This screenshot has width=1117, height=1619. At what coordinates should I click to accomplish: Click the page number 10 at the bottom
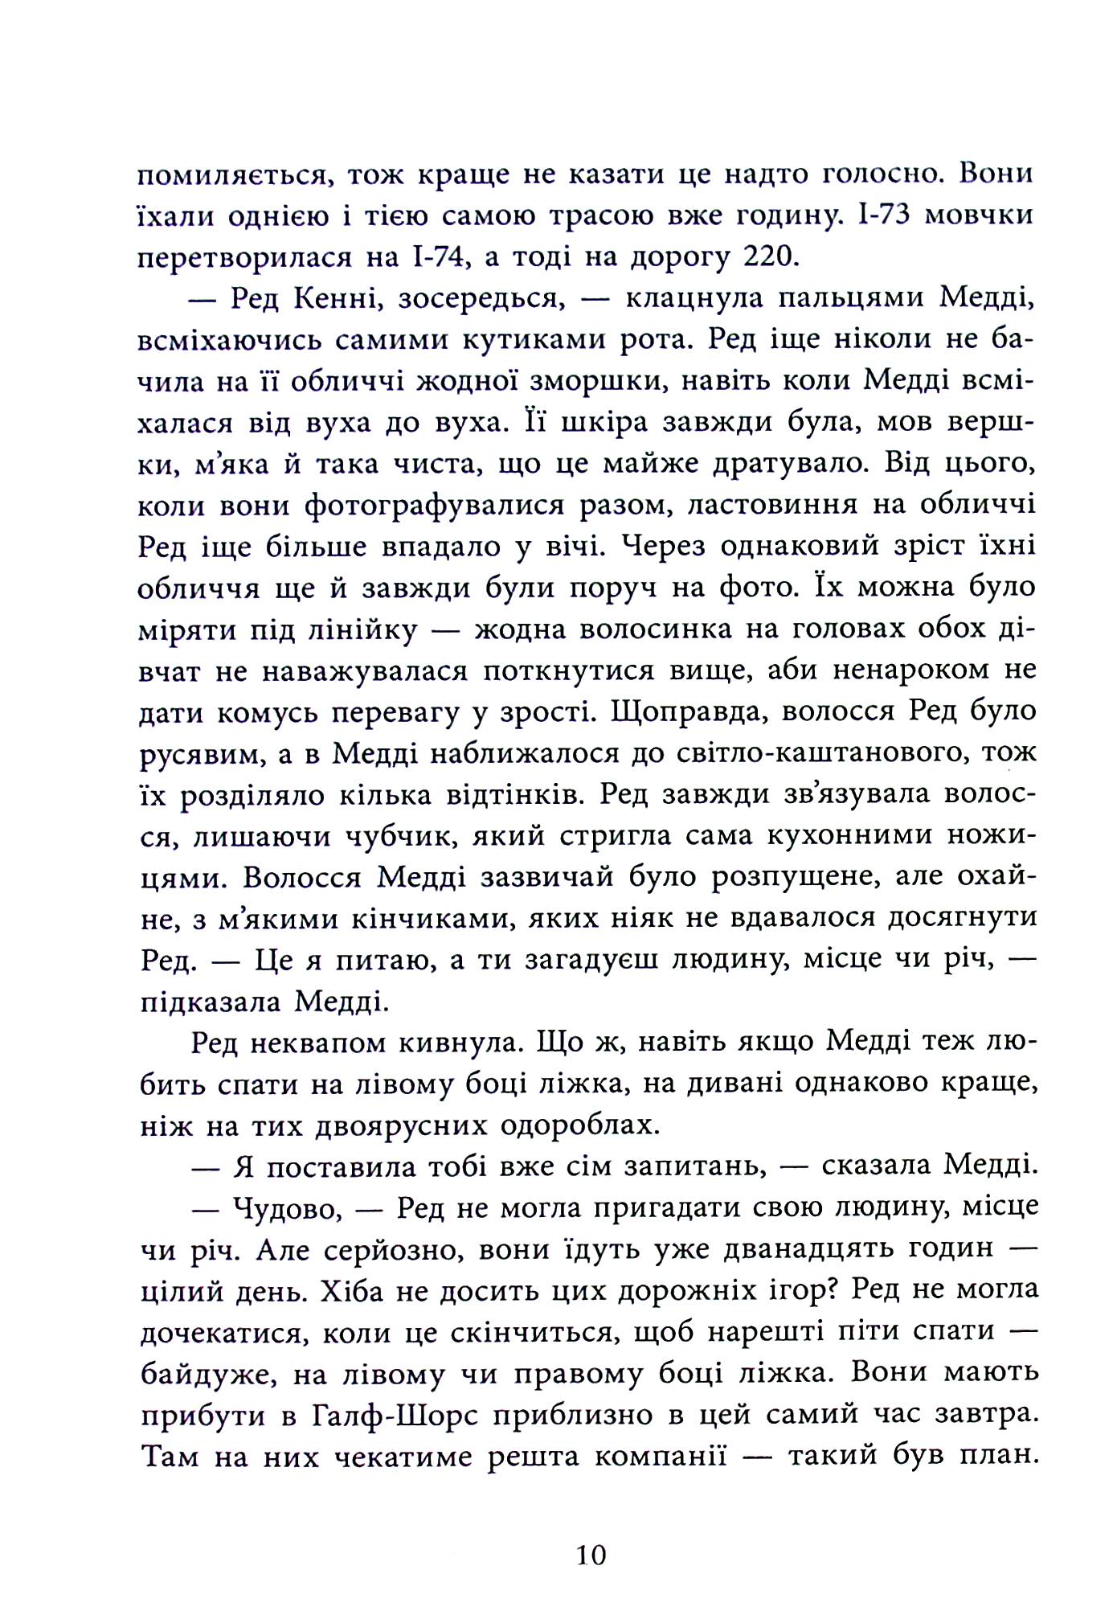pyautogui.click(x=591, y=1555)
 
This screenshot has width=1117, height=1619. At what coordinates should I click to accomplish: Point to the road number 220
pyautogui.click(x=771, y=257)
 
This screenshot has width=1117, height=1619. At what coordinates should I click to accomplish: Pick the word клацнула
pyautogui.click(x=693, y=299)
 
